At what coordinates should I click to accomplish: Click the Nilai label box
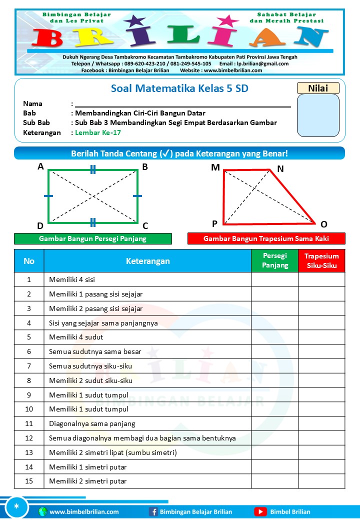[x=318, y=88]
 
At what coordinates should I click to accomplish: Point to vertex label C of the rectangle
[x=145, y=225]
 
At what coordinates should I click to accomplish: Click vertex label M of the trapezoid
[x=215, y=167]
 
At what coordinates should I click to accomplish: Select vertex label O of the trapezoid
[x=323, y=224]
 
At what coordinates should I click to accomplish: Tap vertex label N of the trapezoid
[x=280, y=169]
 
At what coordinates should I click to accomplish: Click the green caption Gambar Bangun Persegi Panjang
[x=92, y=238]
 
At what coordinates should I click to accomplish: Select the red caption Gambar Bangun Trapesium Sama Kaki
[x=266, y=238]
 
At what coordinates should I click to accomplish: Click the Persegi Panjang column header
[x=274, y=260]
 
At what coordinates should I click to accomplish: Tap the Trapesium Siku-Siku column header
[x=321, y=260]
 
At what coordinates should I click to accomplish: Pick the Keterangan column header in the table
[x=147, y=261]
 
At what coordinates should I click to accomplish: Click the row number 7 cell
[x=29, y=365]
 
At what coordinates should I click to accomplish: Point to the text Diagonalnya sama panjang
[x=92, y=423]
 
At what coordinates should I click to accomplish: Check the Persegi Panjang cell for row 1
[x=274, y=279]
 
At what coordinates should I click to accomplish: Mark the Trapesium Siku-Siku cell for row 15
[x=321, y=481]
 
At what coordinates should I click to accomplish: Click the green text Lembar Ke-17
[x=97, y=132]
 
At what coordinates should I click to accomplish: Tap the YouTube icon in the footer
[x=260, y=511]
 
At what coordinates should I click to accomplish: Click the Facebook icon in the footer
[x=153, y=511]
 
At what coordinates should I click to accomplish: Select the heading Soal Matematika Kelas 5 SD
[x=179, y=89]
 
